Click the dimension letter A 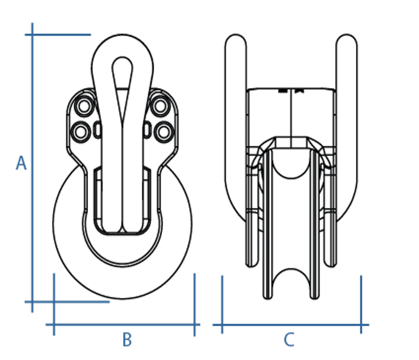point(21,163)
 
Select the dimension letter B point(127,340)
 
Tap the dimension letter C point(289,340)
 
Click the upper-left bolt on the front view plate point(84,106)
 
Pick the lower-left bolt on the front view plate point(80,131)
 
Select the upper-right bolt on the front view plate point(159,106)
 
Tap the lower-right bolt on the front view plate point(163,131)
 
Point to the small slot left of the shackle point(98,130)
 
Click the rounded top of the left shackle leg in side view point(235,42)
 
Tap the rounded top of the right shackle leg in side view point(346,42)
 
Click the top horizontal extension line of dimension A point(58,35)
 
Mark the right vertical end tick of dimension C point(361,304)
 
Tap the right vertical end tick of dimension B point(195,304)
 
